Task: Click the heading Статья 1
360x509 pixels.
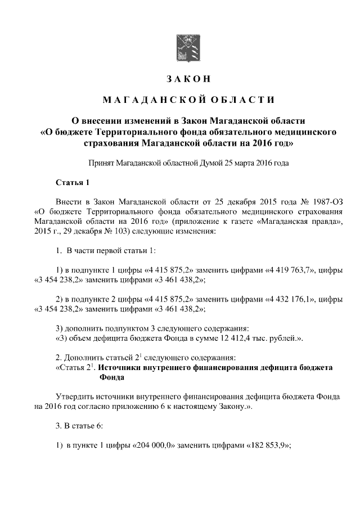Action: [73, 183]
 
